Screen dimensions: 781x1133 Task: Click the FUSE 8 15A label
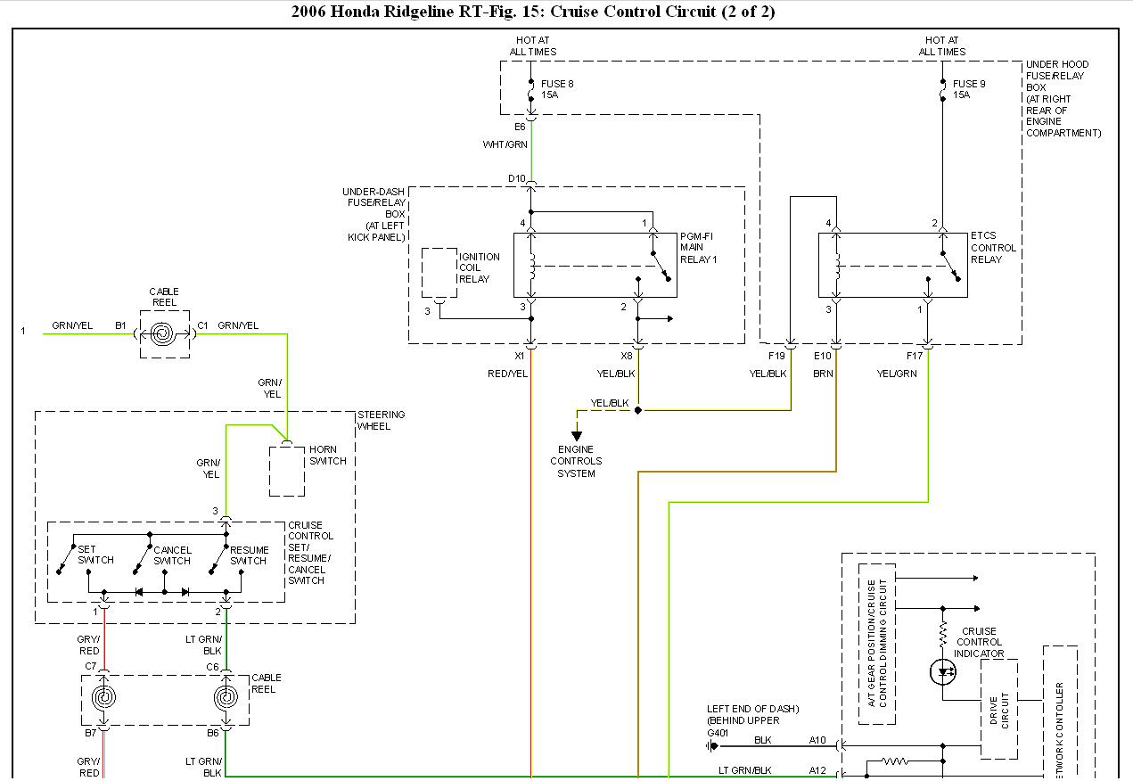click(557, 89)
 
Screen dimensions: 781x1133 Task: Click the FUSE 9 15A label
click(969, 89)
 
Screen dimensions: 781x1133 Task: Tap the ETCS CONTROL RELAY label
click(993, 248)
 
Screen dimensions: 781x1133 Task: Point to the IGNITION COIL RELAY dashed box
click(439, 272)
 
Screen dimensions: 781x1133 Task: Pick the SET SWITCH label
click(95, 555)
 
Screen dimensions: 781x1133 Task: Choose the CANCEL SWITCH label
click(172, 555)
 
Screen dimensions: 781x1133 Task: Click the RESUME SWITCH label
click(249, 555)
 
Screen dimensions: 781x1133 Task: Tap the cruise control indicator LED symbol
click(943, 672)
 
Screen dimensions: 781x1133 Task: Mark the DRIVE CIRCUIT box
click(999, 709)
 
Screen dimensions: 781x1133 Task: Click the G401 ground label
click(718, 733)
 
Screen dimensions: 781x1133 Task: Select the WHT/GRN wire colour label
click(505, 144)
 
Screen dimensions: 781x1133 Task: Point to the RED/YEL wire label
click(507, 374)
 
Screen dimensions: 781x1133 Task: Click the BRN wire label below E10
click(823, 374)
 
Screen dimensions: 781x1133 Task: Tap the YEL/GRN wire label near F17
click(896, 374)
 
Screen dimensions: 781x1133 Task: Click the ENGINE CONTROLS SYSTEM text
click(576, 461)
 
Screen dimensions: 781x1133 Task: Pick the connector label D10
click(517, 178)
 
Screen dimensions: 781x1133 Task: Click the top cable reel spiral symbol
click(164, 334)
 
